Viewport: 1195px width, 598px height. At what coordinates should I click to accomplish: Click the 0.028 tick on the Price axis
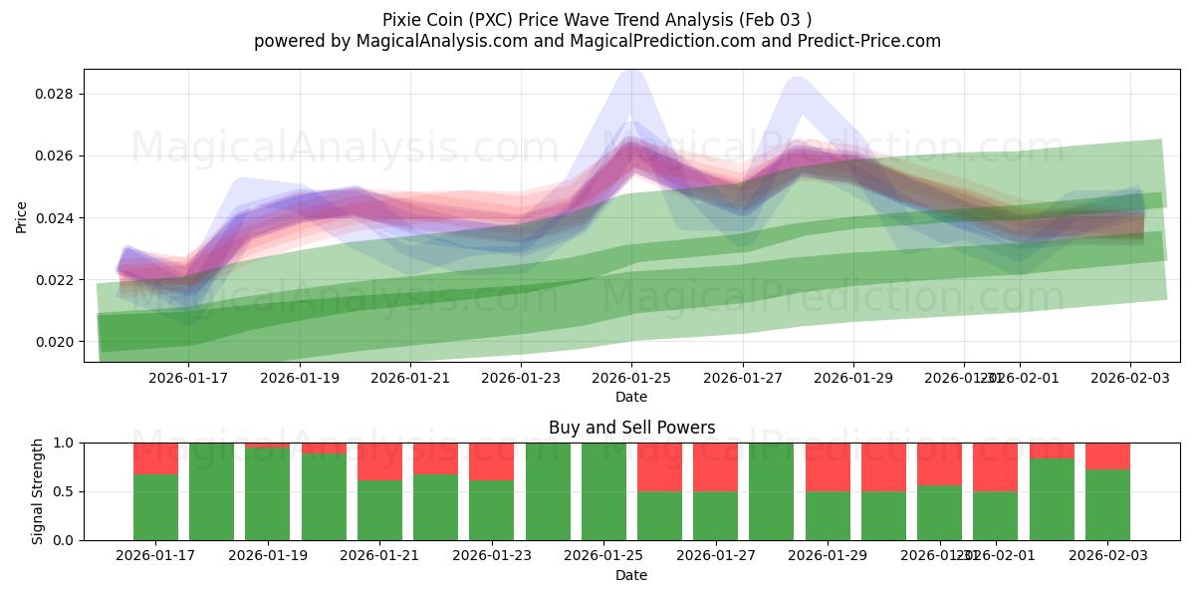point(56,94)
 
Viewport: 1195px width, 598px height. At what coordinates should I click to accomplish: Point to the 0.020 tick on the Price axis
point(56,342)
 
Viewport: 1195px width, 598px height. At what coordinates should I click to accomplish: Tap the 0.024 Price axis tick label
point(56,218)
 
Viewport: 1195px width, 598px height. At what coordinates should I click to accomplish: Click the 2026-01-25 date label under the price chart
point(631,378)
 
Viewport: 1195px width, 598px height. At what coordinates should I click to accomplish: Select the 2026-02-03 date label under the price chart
point(1128,378)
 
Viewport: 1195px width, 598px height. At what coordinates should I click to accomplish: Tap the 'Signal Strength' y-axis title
point(38,491)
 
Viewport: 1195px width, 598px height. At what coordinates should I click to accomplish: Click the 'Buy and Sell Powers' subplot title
point(631,428)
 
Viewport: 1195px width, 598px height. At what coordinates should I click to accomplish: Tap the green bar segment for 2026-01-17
point(155,508)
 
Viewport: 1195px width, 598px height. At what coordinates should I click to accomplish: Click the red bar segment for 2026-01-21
point(379,460)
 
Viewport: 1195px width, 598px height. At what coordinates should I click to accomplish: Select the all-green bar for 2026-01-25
point(603,491)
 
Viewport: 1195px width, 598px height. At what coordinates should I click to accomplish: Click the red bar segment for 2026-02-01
point(996,466)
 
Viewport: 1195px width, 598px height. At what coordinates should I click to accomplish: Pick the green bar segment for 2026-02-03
point(1107,505)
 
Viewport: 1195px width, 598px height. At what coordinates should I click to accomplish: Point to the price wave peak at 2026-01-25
point(631,149)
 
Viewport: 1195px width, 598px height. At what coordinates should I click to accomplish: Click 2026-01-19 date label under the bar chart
point(268,555)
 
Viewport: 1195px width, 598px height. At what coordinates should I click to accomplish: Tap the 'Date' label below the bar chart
point(631,575)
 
